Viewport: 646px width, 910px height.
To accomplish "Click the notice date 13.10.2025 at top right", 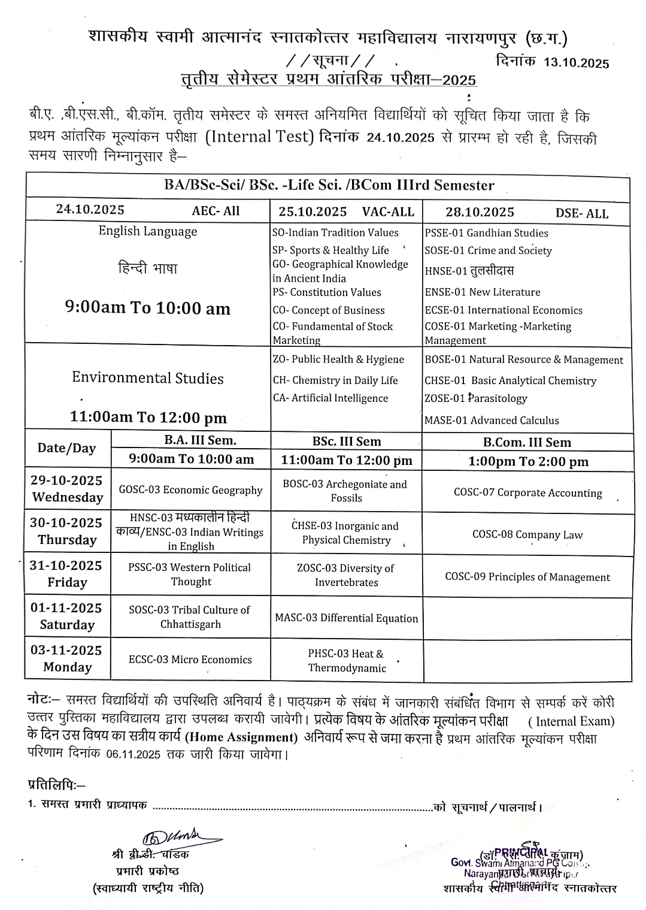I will click(x=576, y=64).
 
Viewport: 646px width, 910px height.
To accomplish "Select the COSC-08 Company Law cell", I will click(x=527, y=535).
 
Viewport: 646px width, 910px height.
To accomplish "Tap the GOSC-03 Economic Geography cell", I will click(x=190, y=490).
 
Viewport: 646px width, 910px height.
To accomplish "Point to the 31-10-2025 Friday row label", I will click(x=67, y=574).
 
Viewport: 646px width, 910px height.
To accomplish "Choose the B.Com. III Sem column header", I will click(x=527, y=443).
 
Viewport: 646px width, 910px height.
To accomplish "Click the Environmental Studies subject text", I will click(x=147, y=378).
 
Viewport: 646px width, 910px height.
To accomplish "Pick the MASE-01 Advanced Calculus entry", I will click(x=492, y=421).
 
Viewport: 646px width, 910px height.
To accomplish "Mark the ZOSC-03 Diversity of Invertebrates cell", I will click(x=346, y=575).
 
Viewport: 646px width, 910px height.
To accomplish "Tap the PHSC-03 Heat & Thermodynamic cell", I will click(x=347, y=661).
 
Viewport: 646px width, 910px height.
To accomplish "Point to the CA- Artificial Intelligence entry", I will click(x=330, y=398).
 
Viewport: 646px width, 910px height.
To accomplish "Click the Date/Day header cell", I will click(x=66, y=449).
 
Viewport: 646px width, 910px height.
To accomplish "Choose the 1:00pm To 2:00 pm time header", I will click(x=528, y=461).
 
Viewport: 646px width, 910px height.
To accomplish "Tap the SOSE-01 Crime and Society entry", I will click(x=488, y=251).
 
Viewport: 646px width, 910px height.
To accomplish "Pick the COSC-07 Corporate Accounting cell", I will click(x=527, y=493).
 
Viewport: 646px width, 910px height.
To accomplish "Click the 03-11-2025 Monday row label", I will click(x=67, y=659).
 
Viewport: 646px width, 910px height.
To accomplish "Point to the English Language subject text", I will click(x=147, y=231).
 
